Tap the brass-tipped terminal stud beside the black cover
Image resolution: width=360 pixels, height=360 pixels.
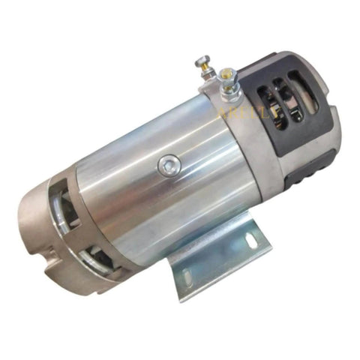[226, 73]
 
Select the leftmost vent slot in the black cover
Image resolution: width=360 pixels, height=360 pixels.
[264, 102]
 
